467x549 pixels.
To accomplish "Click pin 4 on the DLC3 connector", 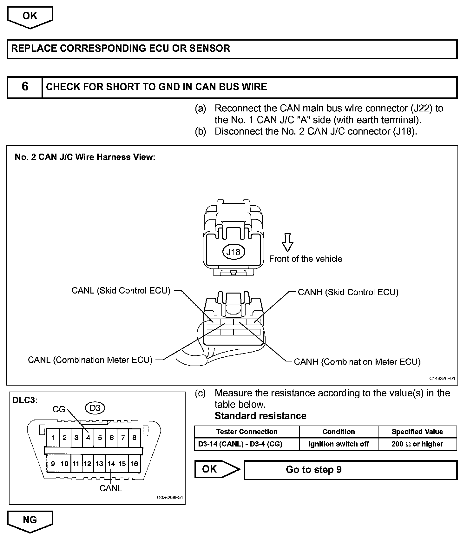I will [88, 438].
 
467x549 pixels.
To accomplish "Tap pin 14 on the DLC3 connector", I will [111, 464].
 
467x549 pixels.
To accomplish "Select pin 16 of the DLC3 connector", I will [134, 464].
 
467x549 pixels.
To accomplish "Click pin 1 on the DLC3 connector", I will [53, 438].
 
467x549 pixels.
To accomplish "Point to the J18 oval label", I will [233, 252].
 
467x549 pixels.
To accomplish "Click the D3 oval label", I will [95, 408].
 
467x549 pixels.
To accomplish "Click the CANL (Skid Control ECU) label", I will [121, 291].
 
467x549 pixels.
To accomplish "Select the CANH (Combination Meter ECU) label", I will [357, 362].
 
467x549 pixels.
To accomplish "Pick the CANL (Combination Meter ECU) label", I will [90, 360].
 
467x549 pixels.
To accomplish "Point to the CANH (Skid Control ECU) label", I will [348, 292].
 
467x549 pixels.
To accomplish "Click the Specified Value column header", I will [417, 432].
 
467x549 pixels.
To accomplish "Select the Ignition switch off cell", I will [339, 444].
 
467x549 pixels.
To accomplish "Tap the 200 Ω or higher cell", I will [417, 444].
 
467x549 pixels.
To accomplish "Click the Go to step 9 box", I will [351, 470].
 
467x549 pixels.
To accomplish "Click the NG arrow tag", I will [30, 520].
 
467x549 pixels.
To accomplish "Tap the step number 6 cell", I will [25, 87].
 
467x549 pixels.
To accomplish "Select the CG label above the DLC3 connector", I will [59, 410].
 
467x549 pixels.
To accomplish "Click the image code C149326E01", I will [442, 378].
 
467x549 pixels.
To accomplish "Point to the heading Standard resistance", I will [260, 416].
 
